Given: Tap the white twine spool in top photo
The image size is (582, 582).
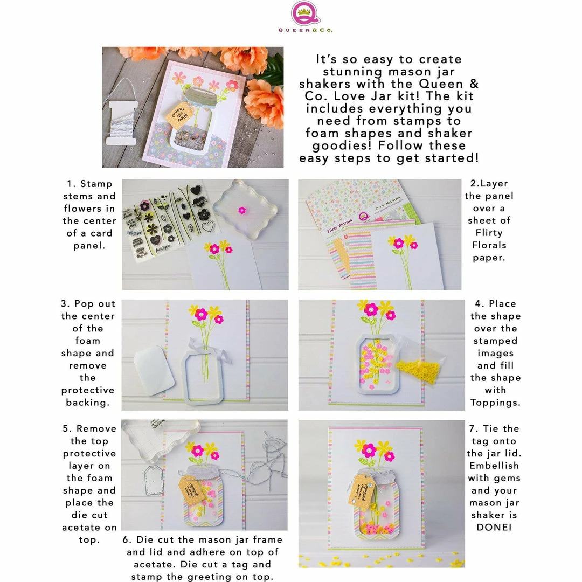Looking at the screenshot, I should (120, 121).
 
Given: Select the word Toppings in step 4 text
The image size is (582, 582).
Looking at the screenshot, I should (495, 403).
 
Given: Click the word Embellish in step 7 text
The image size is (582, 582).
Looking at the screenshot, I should (495, 466).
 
